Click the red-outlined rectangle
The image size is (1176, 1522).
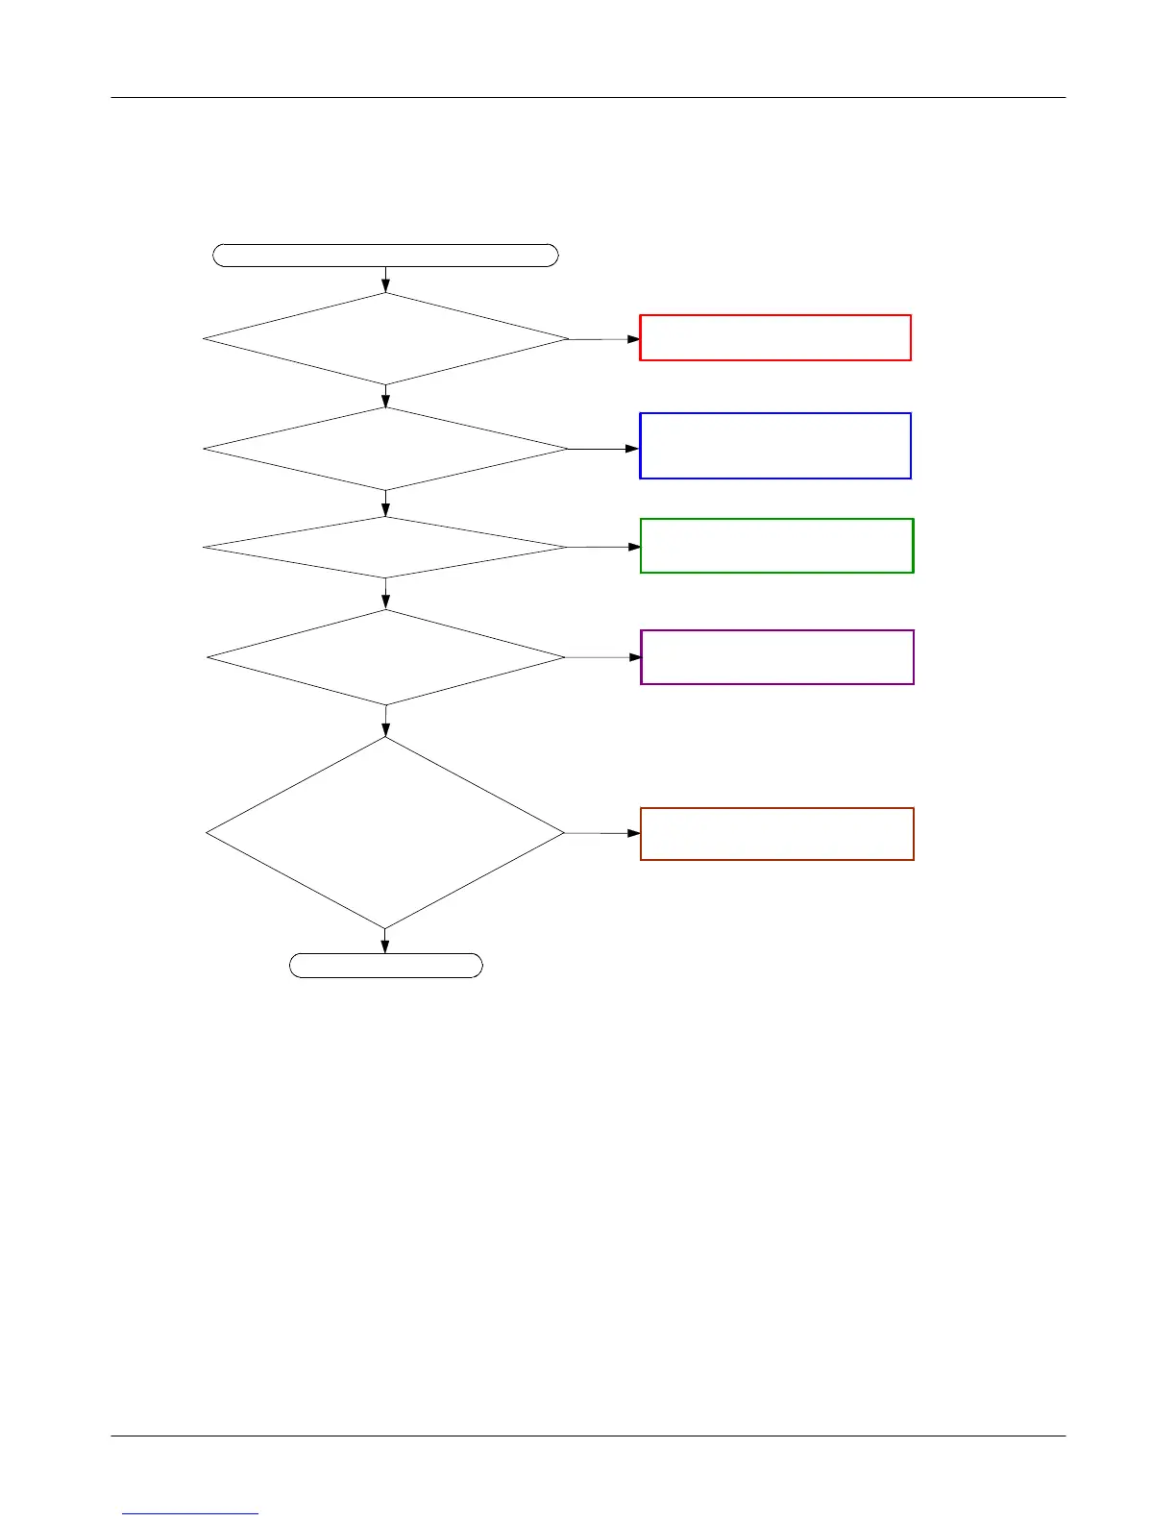coord(774,337)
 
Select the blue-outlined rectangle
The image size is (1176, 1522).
coord(774,446)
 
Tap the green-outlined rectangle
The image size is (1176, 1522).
coord(776,546)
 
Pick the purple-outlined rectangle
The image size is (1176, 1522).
coord(776,657)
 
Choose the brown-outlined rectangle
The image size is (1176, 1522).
coord(776,834)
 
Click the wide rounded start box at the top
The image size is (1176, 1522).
coord(385,255)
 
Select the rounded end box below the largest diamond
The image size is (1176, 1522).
coord(385,966)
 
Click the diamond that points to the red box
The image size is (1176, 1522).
coord(385,339)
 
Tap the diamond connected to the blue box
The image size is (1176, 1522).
coord(385,449)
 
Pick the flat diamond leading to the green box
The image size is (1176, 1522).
coord(385,548)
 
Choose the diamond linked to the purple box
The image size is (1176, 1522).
coord(385,658)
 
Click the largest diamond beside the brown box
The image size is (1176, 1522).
coord(385,833)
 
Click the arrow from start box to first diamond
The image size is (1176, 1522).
coord(385,280)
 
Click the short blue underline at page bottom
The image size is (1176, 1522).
coord(190,1513)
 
